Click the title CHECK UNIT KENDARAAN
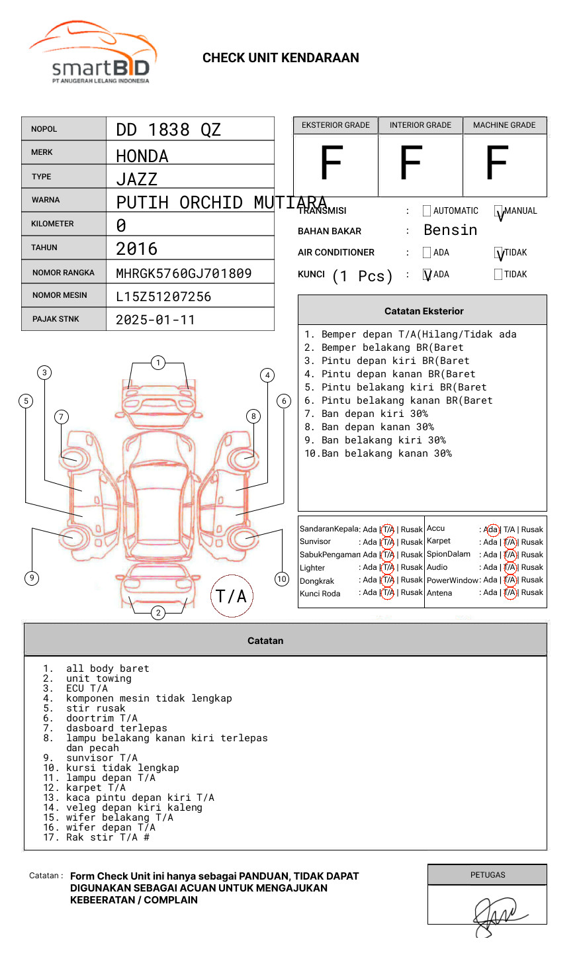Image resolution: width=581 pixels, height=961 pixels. click(281, 58)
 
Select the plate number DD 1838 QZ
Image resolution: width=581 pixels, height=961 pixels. click(168, 130)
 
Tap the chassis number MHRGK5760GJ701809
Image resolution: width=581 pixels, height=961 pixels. click(183, 273)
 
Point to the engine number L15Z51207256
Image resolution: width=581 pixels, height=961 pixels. click(163, 297)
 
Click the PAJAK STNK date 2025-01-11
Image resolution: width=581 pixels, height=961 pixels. click(156, 320)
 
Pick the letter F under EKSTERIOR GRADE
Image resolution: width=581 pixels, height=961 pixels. click(332, 163)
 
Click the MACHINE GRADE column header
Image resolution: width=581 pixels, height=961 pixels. click(504, 125)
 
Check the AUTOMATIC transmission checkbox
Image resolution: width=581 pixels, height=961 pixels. click(427, 211)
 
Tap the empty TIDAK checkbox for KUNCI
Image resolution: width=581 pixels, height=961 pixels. click(498, 275)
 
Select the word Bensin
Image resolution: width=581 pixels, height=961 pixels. click(450, 230)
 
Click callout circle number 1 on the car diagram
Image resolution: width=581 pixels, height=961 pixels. click(157, 363)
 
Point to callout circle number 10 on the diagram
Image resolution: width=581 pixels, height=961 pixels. click(282, 579)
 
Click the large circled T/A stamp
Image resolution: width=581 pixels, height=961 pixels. click(232, 596)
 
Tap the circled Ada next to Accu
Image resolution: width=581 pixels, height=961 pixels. click(492, 529)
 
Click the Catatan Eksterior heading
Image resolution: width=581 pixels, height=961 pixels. click(424, 311)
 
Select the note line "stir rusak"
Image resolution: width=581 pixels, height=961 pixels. click(95, 708)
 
